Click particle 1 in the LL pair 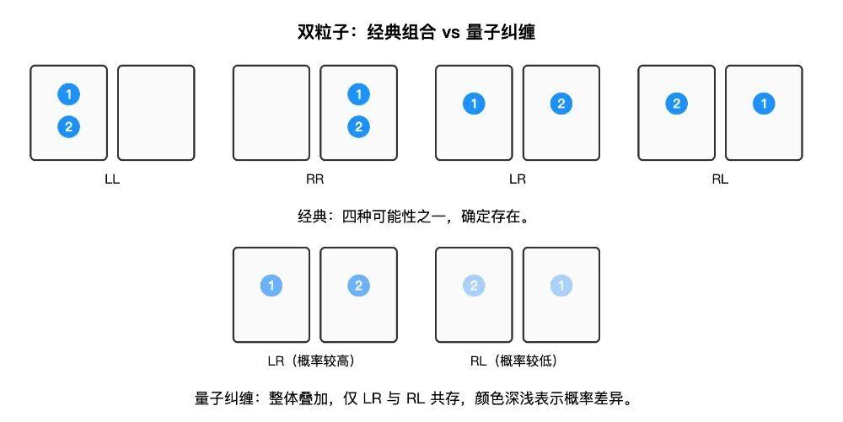[x=69, y=94]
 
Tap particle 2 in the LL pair [x=69, y=127]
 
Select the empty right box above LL [x=156, y=113]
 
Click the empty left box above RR [x=271, y=113]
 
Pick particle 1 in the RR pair [x=358, y=94]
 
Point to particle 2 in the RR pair [x=358, y=127]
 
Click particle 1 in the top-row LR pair [x=474, y=104]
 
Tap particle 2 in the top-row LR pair [x=561, y=104]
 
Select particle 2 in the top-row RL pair [x=676, y=104]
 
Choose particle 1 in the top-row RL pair [x=764, y=104]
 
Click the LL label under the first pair [x=112, y=179]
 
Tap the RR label [x=315, y=179]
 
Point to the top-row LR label [x=518, y=179]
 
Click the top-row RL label [x=720, y=179]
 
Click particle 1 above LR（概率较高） [x=271, y=286]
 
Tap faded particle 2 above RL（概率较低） [x=474, y=286]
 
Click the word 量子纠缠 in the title [x=501, y=32]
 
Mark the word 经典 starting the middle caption [x=312, y=217]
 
